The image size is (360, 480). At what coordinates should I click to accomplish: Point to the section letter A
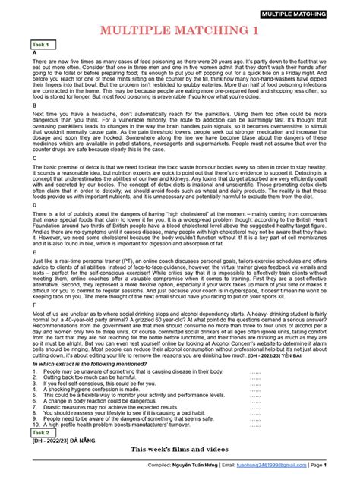point(34,54)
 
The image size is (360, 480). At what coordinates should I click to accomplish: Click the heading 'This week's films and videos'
point(179,450)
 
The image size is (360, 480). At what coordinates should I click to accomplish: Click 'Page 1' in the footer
point(338,465)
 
